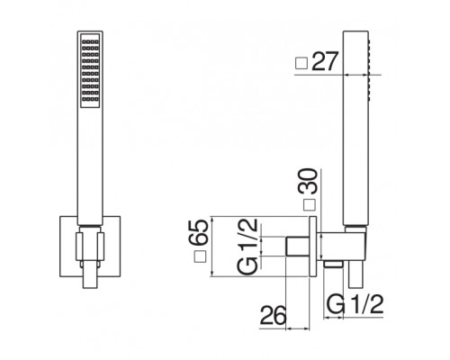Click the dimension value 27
click(325, 61)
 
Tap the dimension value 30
click(307, 181)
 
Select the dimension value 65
click(198, 232)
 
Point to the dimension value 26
click(273, 315)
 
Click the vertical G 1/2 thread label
click(247, 247)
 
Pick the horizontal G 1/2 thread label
click(355, 304)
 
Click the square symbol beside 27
click(302, 63)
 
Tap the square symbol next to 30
click(310, 205)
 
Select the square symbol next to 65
click(200, 256)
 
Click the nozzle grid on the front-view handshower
click(90, 70)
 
